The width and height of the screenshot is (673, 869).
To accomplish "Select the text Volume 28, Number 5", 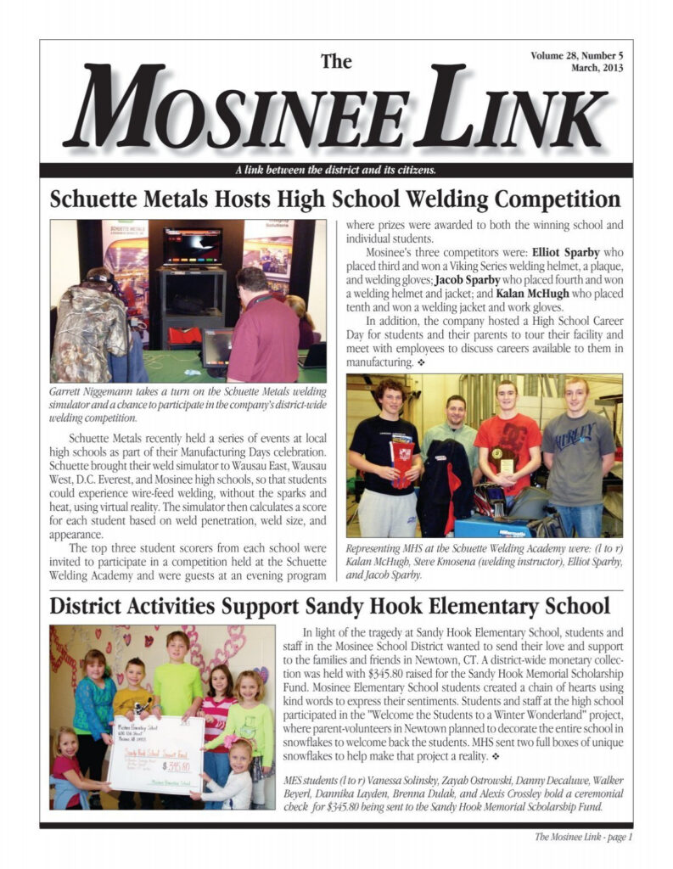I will [576, 56].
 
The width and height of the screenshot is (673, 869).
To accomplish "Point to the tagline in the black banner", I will [335, 170].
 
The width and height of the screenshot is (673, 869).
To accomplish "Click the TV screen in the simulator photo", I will [193, 245].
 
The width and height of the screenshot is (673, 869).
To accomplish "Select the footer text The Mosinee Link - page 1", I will [583, 837].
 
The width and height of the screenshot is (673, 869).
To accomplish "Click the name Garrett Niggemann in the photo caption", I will [87, 393].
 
